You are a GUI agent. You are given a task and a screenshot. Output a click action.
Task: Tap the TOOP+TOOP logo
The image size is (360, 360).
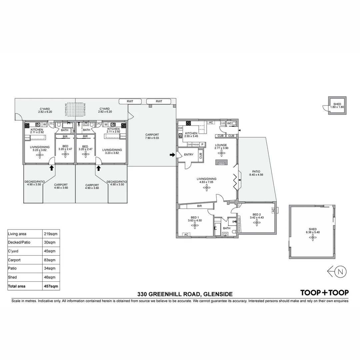pos(324,293)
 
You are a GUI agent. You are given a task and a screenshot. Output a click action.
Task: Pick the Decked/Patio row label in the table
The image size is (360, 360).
pos(19,242)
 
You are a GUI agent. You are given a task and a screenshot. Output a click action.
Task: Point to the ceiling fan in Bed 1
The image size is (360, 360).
pos(195,226)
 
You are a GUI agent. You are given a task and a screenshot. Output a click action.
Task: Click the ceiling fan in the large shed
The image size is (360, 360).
pos(313,237)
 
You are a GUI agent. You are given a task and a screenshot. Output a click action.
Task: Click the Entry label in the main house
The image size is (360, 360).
pos(188,155)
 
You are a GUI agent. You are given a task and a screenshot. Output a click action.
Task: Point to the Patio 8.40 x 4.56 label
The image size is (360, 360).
pos(256,173)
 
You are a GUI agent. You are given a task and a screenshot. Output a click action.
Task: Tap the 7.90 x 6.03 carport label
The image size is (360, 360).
pos(152,136)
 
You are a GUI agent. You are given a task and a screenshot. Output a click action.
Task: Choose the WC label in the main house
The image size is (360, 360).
pos(229,123)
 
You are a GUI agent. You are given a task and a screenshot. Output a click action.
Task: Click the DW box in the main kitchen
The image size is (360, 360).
pos(180,128)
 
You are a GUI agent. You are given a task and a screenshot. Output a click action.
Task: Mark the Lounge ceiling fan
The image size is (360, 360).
pos(221,153)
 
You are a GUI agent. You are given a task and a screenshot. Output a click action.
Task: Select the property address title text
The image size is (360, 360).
pos(185,294)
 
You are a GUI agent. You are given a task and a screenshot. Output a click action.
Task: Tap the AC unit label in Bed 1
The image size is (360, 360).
pos(186,234)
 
